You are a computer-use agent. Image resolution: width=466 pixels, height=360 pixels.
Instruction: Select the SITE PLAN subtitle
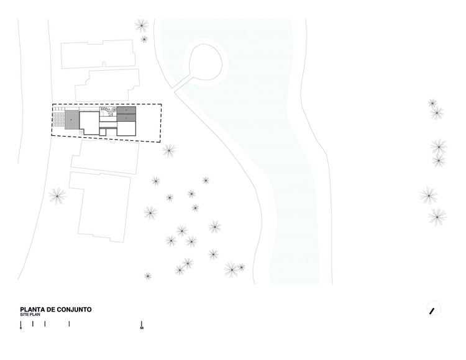[x=28, y=315]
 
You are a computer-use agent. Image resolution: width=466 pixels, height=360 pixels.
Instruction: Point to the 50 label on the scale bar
[x=142, y=328]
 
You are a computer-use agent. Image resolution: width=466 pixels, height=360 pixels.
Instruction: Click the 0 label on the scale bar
[x=21, y=328]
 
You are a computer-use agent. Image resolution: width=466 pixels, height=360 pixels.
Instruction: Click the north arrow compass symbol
[x=433, y=309]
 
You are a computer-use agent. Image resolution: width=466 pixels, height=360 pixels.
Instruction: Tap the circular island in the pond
[x=205, y=63]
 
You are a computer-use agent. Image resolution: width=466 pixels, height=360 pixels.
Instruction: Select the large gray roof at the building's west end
[x=72, y=119]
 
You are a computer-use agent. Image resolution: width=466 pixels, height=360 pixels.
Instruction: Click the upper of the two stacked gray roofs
[x=126, y=110]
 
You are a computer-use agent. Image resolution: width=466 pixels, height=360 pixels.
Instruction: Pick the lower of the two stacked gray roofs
[x=126, y=118]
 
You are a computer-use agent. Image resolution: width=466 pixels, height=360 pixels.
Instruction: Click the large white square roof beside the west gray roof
[x=89, y=122]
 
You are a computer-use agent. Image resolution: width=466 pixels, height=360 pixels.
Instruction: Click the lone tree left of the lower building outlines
[x=58, y=196]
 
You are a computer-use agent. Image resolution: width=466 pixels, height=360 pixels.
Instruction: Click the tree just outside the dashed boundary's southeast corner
[x=169, y=150]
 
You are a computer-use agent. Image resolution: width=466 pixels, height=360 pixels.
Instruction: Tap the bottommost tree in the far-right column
[x=437, y=217]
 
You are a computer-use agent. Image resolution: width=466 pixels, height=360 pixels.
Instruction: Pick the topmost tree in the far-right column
[x=432, y=103]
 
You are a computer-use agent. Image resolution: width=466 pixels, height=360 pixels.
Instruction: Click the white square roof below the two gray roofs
[x=126, y=128]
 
